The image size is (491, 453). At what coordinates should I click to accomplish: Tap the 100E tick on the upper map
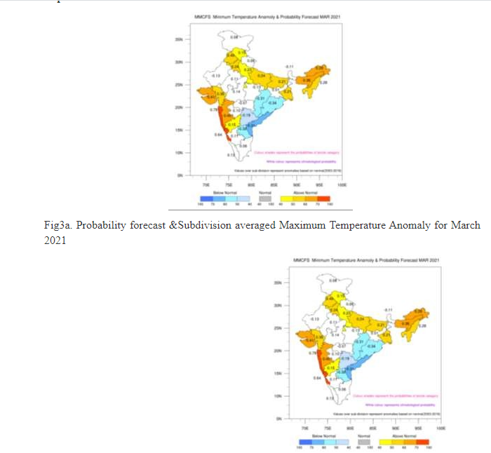(342, 184)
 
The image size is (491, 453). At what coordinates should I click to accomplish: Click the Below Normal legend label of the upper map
(212, 191)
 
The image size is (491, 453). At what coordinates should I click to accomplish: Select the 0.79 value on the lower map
(313, 353)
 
